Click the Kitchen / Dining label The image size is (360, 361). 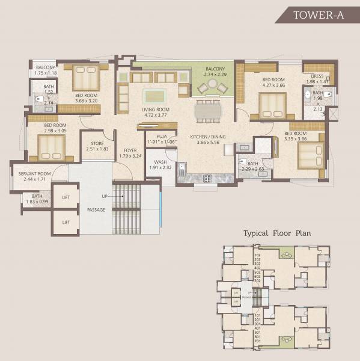(x=207, y=137)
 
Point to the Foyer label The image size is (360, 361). (x=130, y=151)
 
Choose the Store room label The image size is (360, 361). (x=96, y=143)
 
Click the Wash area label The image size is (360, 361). (x=160, y=162)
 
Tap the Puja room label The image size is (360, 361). (x=161, y=137)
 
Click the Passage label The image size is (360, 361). (x=96, y=210)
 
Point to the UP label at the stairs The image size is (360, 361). (x=105, y=197)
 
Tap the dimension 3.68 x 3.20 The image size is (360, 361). (x=87, y=101)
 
